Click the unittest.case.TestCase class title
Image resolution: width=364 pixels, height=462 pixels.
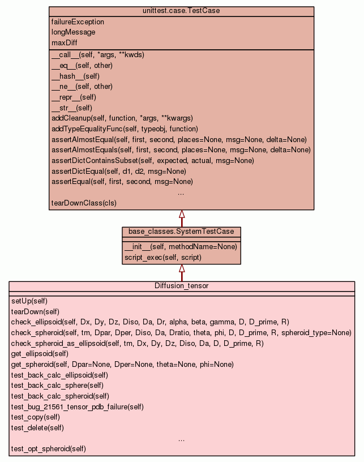click(181, 11)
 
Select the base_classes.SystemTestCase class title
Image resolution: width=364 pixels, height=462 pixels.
click(181, 232)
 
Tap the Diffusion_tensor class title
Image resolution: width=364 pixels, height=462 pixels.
click(181, 286)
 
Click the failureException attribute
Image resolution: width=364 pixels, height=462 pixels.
click(78, 22)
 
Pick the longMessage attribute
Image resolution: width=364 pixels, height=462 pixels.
click(73, 32)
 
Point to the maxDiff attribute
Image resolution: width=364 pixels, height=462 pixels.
click(65, 42)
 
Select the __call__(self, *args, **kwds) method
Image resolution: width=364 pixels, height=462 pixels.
click(97, 55)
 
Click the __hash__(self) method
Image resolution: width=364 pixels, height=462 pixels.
click(75, 76)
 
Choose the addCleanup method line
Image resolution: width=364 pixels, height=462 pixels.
click(122, 118)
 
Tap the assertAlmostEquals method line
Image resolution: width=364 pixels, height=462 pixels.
click(181, 150)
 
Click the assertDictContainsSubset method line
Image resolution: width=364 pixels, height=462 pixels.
click(152, 161)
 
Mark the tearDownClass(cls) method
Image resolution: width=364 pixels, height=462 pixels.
click(84, 203)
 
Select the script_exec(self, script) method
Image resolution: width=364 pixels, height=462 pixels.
click(162, 257)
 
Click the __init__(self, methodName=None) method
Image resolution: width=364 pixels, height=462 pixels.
click(180, 246)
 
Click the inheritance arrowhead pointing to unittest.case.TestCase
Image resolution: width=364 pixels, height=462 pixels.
click(182, 215)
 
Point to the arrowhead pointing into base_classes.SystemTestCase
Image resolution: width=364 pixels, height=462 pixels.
click(182, 268)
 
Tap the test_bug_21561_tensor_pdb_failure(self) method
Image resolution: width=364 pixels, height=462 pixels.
click(77, 407)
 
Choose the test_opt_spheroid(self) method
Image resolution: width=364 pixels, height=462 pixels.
click(48, 449)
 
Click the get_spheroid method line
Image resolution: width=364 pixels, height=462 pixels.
click(122, 364)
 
